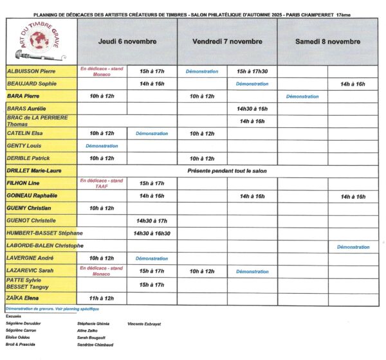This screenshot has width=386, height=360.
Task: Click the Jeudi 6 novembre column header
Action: tap(127, 42)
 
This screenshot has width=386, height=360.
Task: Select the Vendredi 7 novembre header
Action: tap(228, 42)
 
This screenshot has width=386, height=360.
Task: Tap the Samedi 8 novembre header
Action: tap(327, 42)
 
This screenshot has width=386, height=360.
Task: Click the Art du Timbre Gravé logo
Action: tap(40, 41)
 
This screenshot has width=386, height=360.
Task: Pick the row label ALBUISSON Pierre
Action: tap(30, 71)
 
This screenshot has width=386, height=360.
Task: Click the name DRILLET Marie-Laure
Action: tap(33, 171)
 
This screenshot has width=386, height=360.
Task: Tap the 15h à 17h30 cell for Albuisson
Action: tap(252, 71)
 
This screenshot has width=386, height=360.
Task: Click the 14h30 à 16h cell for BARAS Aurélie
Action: tap(252, 109)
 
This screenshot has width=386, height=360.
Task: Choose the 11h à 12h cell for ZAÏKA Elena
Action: tap(102, 298)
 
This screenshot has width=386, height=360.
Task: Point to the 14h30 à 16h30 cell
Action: tap(152, 233)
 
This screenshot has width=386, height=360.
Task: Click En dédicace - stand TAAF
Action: tap(102, 183)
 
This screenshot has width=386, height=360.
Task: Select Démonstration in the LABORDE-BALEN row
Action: tap(353, 246)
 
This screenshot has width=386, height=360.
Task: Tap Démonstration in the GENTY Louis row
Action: tap(102, 146)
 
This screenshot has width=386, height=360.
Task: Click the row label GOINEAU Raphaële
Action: tap(32, 196)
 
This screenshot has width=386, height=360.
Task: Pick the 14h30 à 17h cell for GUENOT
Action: tap(152, 221)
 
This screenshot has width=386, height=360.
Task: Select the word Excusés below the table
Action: tap(14, 316)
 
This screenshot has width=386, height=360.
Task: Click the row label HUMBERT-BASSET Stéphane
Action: tap(44, 233)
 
